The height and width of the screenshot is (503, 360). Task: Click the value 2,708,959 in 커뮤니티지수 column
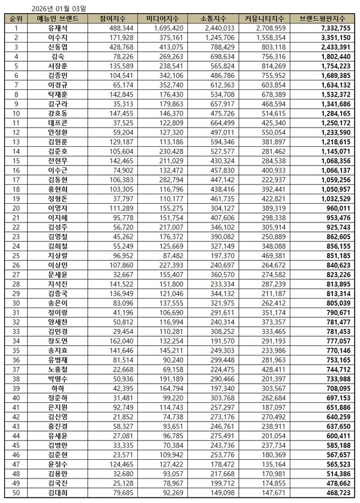263,28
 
